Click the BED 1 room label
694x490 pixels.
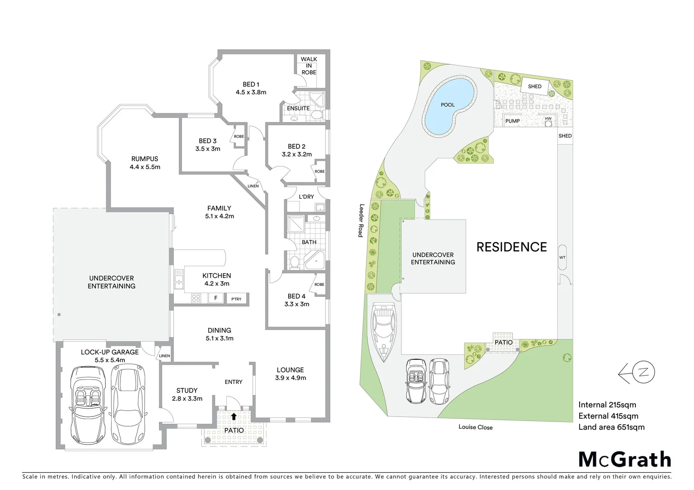click(251, 84)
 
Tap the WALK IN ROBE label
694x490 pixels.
click(309, 66)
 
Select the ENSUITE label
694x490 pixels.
click(298, 108)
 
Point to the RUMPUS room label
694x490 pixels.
click(144, 159)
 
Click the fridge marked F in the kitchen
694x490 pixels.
click(216, 298)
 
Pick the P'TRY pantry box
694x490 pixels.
click(236, 299)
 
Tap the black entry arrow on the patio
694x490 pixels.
click(234, 416)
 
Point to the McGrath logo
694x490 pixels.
click(625, 459)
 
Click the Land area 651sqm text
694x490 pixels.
click(611, 427)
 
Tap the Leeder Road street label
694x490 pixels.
click(361, 220)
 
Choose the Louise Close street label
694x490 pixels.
click(475, 427)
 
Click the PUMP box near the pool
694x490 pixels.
click(512, 121)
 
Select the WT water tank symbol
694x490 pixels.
click(562, 258)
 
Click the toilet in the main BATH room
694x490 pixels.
click(294, 262)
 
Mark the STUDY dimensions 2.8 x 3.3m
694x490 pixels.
click(187, 398)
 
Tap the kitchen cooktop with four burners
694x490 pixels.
click(196, 298)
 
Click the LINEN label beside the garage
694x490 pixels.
click(164, 356)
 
